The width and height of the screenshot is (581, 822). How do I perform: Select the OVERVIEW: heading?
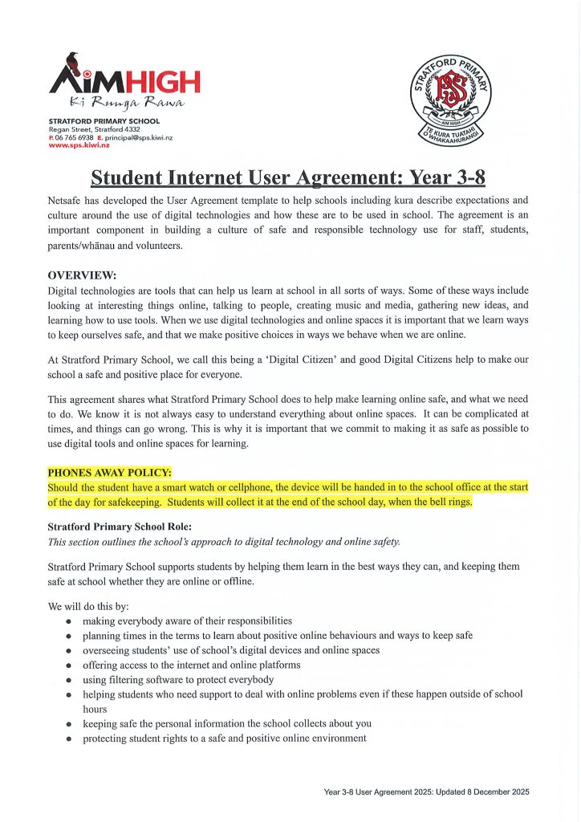[x=82, y=275]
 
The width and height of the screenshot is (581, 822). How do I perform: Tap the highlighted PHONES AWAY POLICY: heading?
[x=110, y=472]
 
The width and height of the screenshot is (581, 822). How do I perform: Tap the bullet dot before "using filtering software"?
[x=71, y=679]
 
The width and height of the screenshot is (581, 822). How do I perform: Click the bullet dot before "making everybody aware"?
[x=71, y=621]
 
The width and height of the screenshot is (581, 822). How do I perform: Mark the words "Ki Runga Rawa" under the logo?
[x=127, y=102]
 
